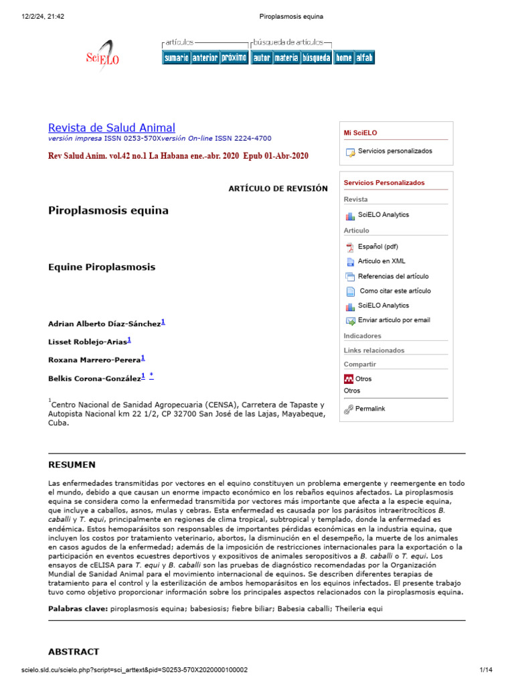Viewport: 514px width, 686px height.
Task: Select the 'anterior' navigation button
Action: click(205, 58)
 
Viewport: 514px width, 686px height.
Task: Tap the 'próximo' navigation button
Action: click(234, 58)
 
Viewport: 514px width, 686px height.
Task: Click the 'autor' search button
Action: click(262, 58)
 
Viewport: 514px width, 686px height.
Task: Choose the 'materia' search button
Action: click(286, 58)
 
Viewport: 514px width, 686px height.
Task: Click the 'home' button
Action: click(344, 58)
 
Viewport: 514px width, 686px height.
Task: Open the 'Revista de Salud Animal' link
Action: click(112, 128)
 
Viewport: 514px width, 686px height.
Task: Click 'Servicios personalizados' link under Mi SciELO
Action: click(394, 151)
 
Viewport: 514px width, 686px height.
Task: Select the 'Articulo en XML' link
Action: click(381, 261)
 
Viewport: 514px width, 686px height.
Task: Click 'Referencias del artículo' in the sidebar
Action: click(393, 276)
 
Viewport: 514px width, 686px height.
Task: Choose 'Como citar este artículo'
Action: click(395, 291)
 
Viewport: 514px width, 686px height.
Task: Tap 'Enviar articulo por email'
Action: click(394, 320)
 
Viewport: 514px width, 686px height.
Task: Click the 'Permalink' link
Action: click(369, 409)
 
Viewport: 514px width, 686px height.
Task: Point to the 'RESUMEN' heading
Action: click(72, 465)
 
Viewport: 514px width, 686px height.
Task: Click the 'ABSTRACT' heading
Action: click(74, 651)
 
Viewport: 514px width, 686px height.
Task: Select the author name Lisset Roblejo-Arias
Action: click(87, 342)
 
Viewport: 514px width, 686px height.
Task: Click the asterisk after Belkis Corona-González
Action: click(151, 376)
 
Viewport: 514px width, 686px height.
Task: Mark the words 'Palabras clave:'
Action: click(78, 608)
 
